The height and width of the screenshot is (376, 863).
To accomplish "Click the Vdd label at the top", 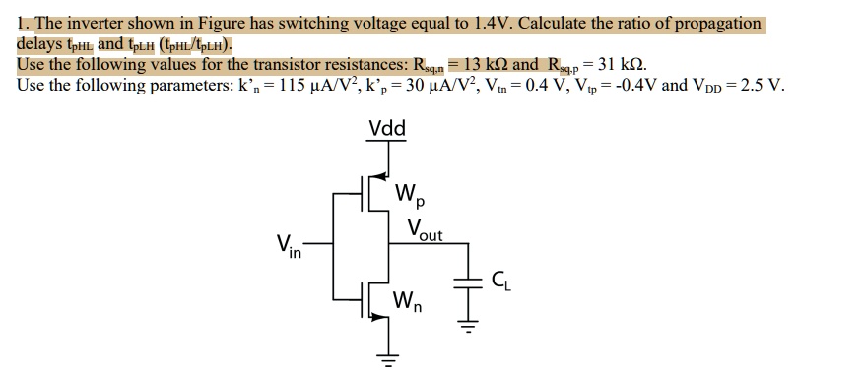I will click(x=387, y=129).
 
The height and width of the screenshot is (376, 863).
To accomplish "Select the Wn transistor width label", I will click(x=409, y=302).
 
